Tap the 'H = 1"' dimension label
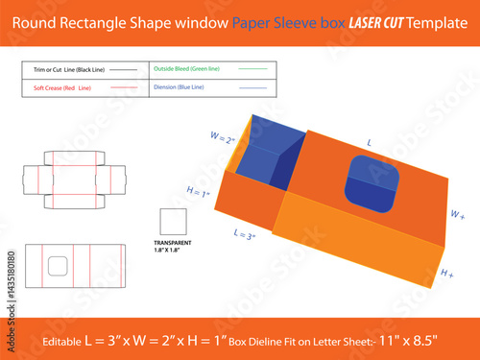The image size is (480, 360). [197, 193]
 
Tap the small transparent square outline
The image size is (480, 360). [173, 220]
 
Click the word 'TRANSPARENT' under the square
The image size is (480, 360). [173, 244]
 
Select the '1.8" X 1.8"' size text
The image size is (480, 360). [173, 252]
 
